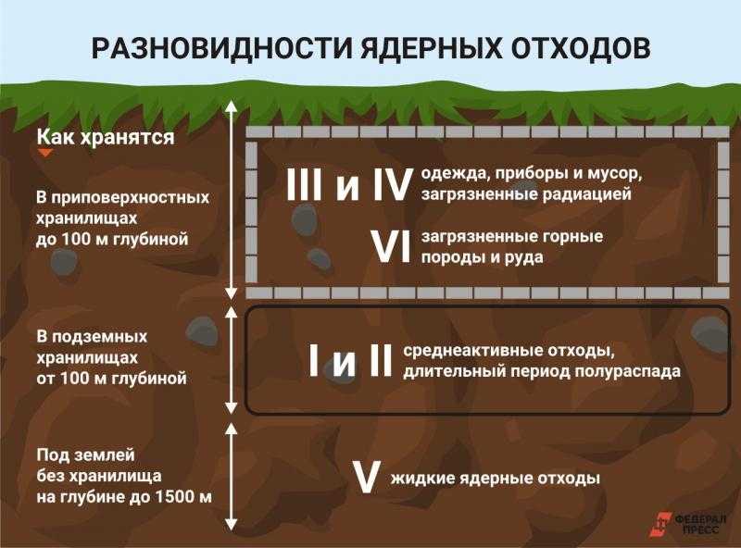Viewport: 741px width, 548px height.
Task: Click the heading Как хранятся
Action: [106, 138]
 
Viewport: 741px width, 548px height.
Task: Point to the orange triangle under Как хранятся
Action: [45, 153]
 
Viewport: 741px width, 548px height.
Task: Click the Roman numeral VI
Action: [391, 246]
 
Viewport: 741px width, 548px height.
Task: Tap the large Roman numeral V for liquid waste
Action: [367, 478]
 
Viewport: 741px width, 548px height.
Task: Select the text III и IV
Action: [347, 185]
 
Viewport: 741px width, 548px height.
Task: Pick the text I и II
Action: [350, 360]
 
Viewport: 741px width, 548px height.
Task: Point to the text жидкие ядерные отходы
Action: [496, 479]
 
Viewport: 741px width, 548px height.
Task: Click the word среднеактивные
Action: [472, 352]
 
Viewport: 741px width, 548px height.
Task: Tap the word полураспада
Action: [629, 372]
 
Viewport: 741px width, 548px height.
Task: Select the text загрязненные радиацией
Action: [526, 194]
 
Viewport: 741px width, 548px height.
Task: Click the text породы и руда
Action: [482, 258]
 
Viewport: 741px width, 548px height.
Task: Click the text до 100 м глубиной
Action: [112, 239]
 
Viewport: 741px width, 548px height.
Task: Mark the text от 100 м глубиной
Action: [111, 379]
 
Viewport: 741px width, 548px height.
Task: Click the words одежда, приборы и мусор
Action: [532, 174]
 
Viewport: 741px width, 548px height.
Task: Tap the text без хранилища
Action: [99, 476]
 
